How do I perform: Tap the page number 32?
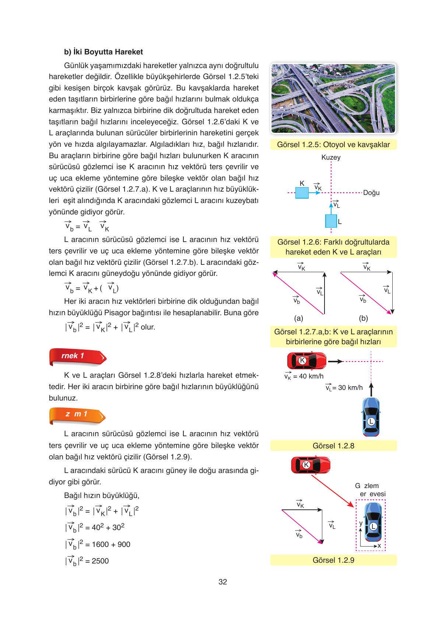pos(222,582)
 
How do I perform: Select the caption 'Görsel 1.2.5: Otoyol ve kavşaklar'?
pos(333,145)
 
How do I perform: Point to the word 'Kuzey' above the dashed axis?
pos(331,157)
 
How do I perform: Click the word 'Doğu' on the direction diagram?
pos(371,193)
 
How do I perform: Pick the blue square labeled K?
pos(302,193)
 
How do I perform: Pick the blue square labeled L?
pos(331,221)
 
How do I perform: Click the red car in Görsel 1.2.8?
pos(306,360)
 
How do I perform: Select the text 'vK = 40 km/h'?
pos(304,376)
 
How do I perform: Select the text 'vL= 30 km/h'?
pos(344,387)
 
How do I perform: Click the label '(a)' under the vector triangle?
pos(298,319)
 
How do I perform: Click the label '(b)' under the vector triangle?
pos(363,319)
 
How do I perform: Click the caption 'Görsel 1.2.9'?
pos(333,560)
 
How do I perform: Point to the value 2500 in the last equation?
pos(100,561)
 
